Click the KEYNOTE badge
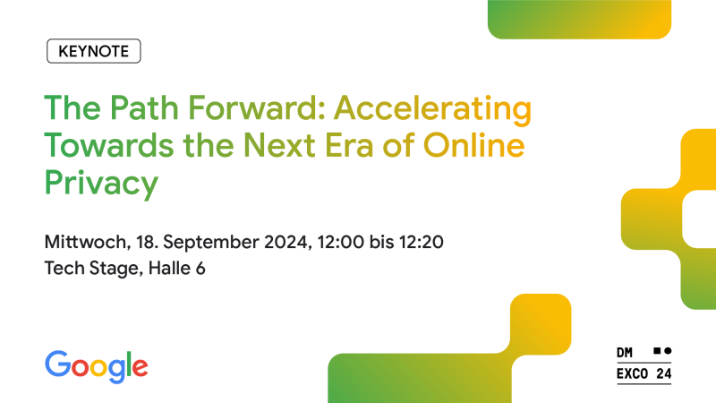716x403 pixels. coord(94,51)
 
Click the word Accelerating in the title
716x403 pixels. coord(433,111)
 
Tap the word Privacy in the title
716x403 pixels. coord(101,184)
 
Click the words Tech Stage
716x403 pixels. coord(89,269)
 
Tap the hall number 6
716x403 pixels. coord(200,269)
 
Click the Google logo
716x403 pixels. coord(97,364)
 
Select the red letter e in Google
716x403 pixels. coord(139,366)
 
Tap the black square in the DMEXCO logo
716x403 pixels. coord(656,350)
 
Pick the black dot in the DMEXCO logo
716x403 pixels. coord(667,350)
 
